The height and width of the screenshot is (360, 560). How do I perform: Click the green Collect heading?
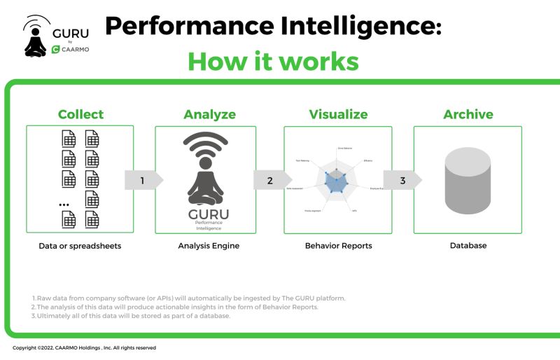[80, 114]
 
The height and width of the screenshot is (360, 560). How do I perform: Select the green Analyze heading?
[209, 114]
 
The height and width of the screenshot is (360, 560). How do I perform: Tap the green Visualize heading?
[338, 114]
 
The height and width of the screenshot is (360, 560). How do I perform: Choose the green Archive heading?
[468, 114]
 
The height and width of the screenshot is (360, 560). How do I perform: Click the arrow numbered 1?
[143, 180]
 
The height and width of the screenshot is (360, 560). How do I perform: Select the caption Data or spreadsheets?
[80, 246]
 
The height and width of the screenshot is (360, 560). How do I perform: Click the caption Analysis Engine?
[209, 246]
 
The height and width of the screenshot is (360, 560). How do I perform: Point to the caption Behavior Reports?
[338, 246]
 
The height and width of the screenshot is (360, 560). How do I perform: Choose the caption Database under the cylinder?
[468, 246]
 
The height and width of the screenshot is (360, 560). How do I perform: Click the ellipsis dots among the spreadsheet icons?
[64, 204]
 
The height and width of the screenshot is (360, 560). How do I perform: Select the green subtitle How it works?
[273, 61]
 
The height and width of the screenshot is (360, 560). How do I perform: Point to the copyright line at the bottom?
[84, 347]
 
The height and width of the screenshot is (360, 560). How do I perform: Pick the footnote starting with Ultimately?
[132, 316]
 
